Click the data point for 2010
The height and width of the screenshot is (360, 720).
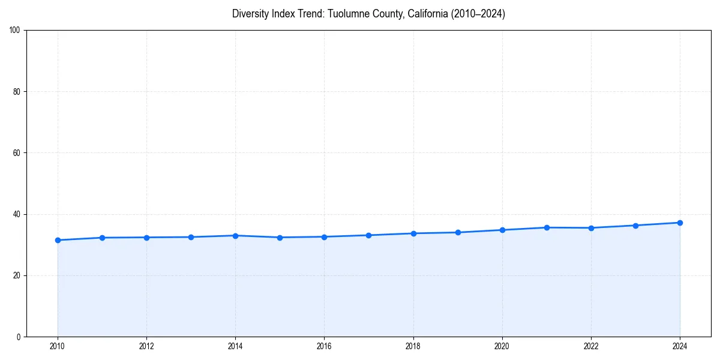[x=58, y=240]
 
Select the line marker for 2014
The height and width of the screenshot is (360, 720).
[x=235, y=236]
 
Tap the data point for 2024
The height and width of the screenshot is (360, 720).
[x=680, y=223]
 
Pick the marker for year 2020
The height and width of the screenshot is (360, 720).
[x=502, y=230]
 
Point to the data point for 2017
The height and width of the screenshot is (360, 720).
[x=368, y=235]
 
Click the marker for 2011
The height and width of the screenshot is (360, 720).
[x=102, y=238]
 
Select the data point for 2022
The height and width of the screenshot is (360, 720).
[x=591, y=228]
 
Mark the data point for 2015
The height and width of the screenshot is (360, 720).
[x=280, y=238]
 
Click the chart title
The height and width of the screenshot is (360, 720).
[x=368, y=14]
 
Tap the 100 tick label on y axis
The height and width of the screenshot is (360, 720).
[x=15, y=31]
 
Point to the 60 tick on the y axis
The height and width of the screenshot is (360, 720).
[x=17, y=153]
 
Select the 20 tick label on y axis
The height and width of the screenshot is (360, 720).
[x=17, y=275]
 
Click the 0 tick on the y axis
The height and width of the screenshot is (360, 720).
[x=19, y=337]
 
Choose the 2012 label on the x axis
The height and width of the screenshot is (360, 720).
[x=146, y=346]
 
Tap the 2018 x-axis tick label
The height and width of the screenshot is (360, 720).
[x=413, y=346]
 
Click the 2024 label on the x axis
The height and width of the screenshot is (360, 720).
[x=680, y=346]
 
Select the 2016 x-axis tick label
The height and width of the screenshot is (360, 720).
[x=324, y=346]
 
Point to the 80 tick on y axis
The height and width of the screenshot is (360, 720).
[x=17, y=92]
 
